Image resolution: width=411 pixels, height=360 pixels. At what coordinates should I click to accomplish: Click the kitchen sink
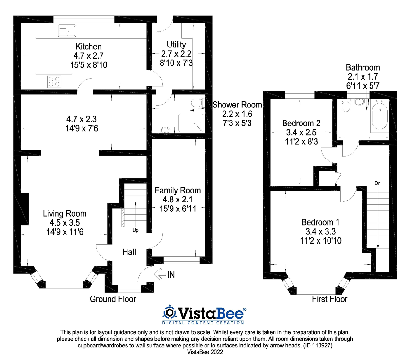click(x=67, y=31)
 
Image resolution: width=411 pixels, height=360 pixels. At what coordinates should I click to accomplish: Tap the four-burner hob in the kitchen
click(x=54, y=81)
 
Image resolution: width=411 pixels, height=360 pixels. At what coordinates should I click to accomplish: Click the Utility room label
click(x=176, y=45)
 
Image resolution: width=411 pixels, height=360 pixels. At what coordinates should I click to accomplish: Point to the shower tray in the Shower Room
click(x=190, y=122)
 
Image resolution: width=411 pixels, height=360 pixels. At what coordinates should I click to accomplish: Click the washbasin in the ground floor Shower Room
click(x=165, y=130)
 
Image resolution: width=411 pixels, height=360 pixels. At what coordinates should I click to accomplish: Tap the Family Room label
click(x=178, y=190)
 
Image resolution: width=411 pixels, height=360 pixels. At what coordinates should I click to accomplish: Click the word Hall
click(x=129, y=252)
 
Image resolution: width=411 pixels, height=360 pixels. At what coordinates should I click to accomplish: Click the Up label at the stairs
click(x=136, y=230)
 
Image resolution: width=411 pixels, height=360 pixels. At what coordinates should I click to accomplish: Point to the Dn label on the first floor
click(x=378, y=183)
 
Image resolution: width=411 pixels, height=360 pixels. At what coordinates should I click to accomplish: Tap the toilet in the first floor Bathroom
click(x=345, y=106)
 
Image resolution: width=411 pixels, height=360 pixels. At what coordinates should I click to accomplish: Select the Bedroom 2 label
click(x=301, y=123)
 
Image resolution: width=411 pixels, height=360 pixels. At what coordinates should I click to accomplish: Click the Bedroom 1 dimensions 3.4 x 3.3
click(x=320, y=231)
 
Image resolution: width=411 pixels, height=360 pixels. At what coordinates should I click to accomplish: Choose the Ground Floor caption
click(x=113, y=299)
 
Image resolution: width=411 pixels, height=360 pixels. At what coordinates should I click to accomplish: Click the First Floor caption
click(x=329, y=299)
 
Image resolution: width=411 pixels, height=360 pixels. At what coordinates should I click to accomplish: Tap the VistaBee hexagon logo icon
click(x=170, y=312)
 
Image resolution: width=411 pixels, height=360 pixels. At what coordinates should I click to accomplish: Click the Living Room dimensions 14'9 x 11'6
click(x=65, y=232)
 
